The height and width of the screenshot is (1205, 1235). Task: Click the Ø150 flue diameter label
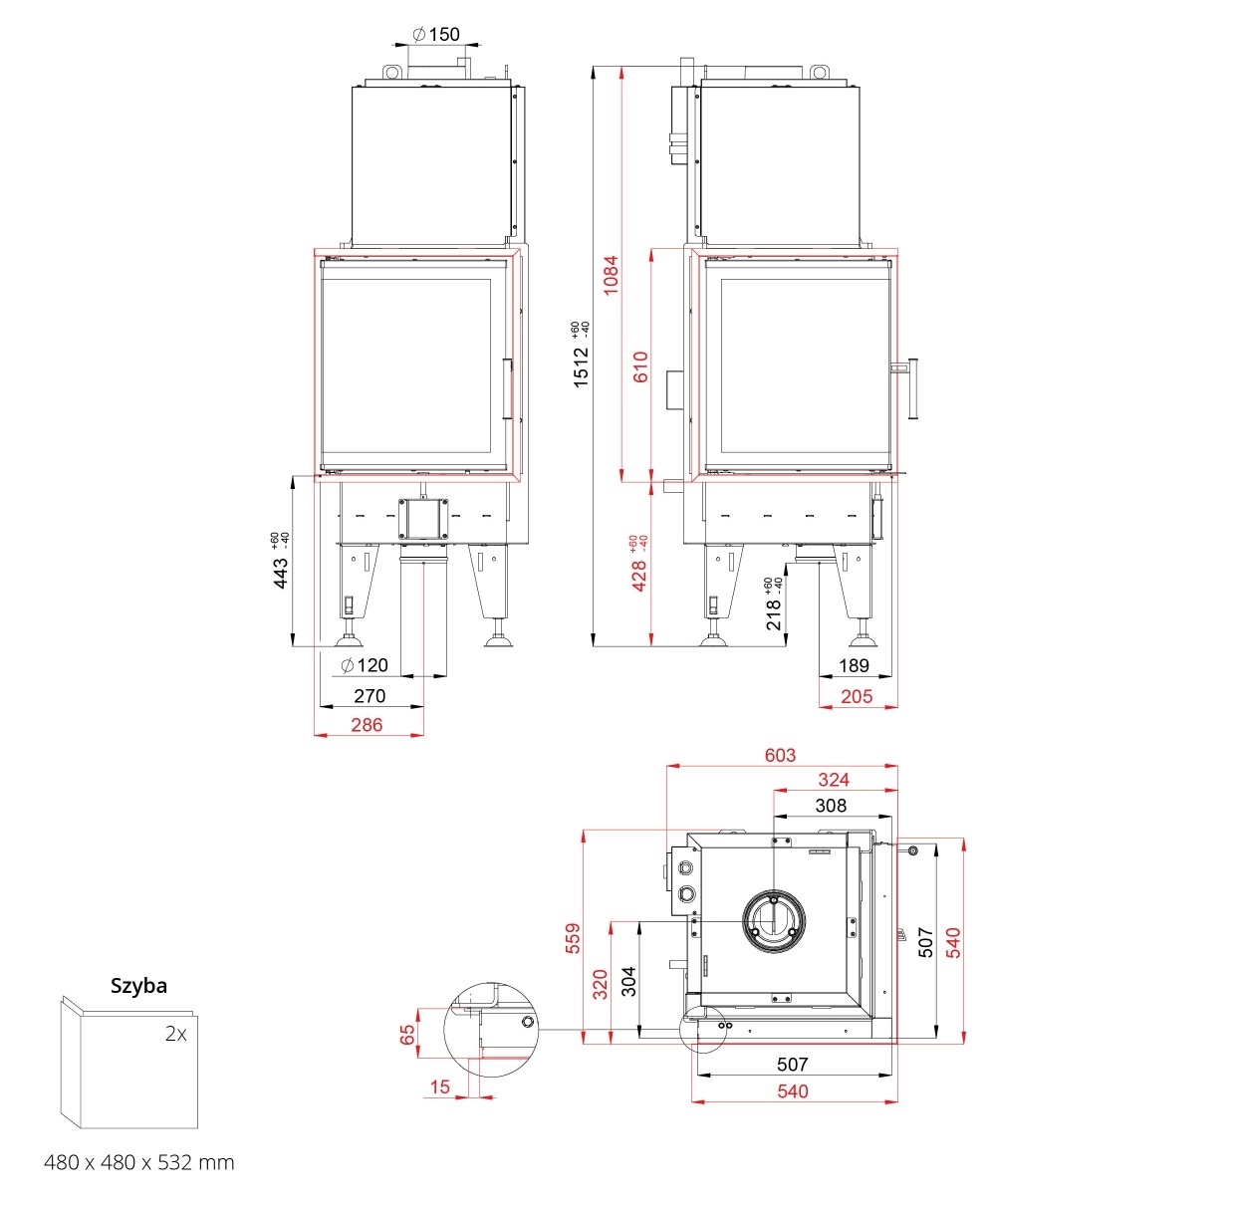[435, 34]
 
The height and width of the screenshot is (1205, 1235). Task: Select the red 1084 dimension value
[610, 275]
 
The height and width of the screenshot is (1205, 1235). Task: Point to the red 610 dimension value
[641, 366]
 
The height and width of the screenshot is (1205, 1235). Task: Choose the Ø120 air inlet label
[364, 665]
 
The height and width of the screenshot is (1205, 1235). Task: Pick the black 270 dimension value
[370, 696]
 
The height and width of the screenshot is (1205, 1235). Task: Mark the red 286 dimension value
[367, 725]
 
